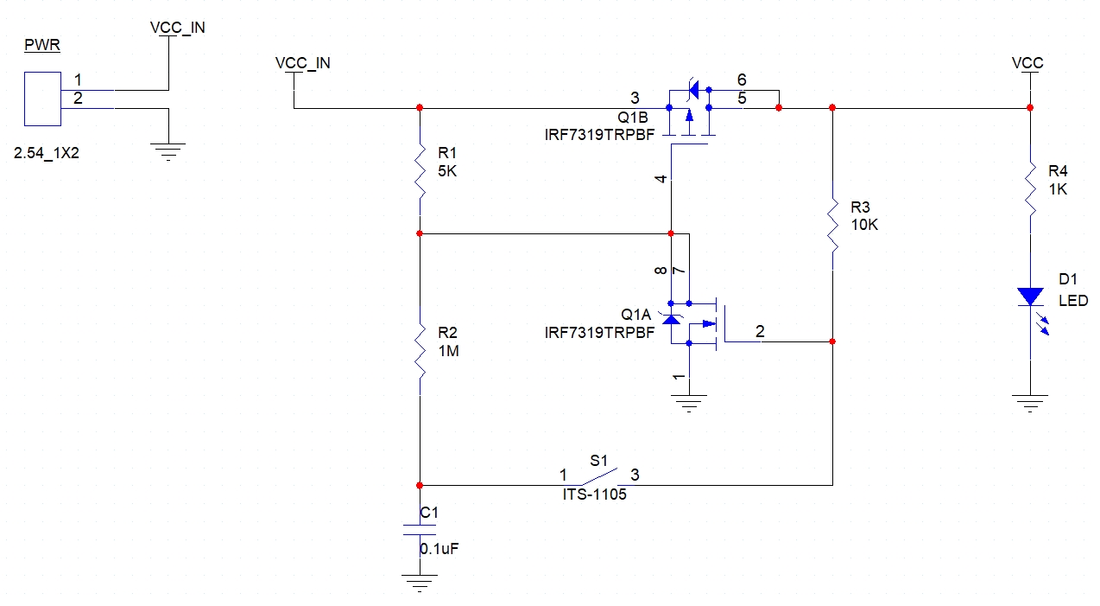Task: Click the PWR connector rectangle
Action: [x=41, y=99]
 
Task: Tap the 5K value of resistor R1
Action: [x=447, y=171]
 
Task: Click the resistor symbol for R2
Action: [x=419, y=349]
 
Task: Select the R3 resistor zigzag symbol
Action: [x=832, y=226]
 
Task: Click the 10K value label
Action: [x=864, y=225]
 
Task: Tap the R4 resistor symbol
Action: [x=1030, y=187]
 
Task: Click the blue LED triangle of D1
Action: [x=1030, y=297]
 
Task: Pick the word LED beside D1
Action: [x=1073, y=301]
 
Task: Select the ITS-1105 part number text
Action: [x=594, y=495]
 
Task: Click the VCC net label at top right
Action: [x=1027, y=63]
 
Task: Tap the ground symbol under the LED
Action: [x=1030, y=403]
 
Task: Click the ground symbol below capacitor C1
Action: [x=419, y=584]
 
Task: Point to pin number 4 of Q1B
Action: [x=661, y=178]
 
